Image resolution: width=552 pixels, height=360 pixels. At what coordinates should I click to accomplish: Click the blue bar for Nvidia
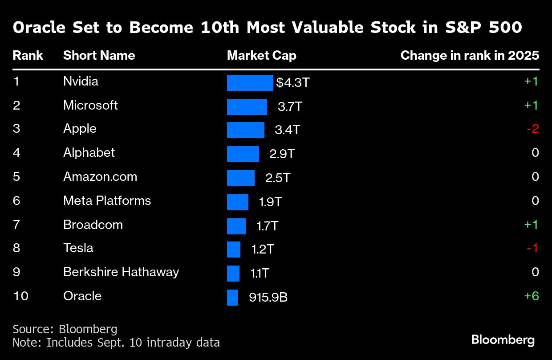[x=250, y=83]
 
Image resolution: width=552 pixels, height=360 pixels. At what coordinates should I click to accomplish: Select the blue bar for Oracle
[x=232, y=298]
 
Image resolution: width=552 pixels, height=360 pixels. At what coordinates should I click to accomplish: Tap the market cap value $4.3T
[x=292, y=83]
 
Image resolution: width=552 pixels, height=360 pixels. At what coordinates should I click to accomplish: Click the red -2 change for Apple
[x=532, y=129]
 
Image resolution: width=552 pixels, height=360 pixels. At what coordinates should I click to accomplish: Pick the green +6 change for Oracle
[x=532, y=296]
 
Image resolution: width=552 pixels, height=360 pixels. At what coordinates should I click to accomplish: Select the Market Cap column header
[x=261, y=56]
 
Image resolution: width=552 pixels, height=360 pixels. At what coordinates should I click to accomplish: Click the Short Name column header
[x=99, y=56]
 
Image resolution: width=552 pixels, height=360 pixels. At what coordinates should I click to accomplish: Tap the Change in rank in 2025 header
[x=470, y=56]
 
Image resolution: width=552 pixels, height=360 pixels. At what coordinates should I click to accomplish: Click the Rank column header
[x=28, y=56]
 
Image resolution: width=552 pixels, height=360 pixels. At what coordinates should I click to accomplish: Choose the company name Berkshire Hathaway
[x=121, y=272]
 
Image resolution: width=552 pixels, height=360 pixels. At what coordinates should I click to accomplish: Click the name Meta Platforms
[x=107, y=201]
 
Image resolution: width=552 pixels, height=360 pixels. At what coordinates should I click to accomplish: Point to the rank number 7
[x=16, y=225]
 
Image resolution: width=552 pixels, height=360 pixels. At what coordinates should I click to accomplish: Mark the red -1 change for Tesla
[x=532, y=248]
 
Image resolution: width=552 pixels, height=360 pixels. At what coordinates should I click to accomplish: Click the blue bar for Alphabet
[x=243, y=154]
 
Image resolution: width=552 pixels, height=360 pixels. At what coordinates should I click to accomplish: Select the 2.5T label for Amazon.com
[x=278, y=178]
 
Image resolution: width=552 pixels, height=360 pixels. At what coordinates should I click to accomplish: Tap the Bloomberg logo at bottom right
[x=503, y=340]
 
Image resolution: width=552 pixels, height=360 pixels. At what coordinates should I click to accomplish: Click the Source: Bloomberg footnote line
[x=65, y=329]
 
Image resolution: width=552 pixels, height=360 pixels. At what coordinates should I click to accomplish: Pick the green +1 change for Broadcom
[x=532, y=225]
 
